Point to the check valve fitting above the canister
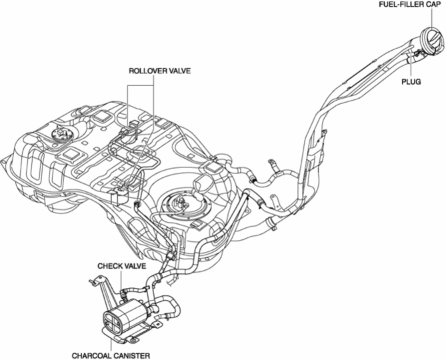click(x=127, y=291)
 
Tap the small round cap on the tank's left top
click(x=57, y=139)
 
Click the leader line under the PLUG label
click(x=411, y=67)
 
